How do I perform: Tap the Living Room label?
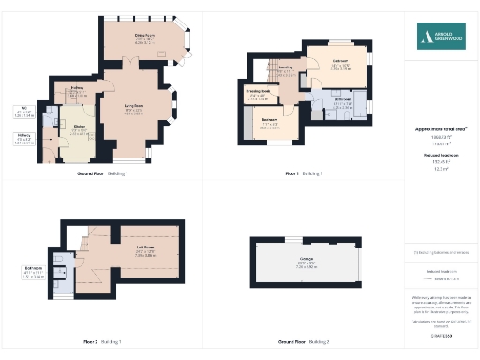click(x=134, y=108)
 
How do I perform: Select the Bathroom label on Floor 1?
click(x=341, y=100)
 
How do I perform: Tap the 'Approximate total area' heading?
click(x=441, y=128)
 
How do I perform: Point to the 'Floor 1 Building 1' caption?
click(x=305, y=173)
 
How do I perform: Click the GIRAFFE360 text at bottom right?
click(x=441, y=334)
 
